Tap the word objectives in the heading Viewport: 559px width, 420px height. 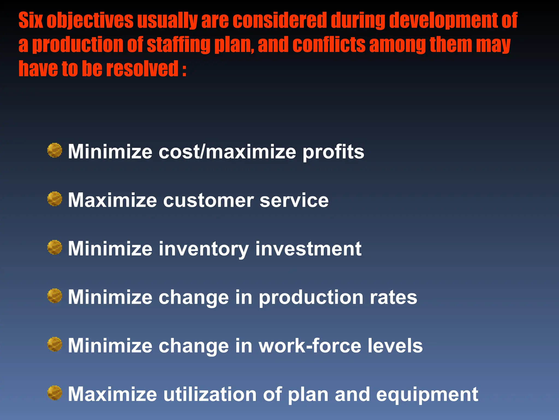[x=90, y=21]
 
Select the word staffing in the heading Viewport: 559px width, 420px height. [x=179, y=45]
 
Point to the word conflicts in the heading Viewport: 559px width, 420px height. [x=329, y=45]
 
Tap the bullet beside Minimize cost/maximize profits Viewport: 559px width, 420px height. [x=55, y=150]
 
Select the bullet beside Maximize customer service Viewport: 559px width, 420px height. [x=55, y=199]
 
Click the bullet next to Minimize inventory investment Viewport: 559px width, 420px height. [x=55, y=247]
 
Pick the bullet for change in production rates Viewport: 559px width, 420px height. [x=55, y=296]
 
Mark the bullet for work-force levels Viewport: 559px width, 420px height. [x=55, y=344]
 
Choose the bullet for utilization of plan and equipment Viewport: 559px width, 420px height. [x=55, y=393]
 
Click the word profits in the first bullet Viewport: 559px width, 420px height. [x=333, y=152]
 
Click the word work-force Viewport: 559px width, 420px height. [x=310, y=346]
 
